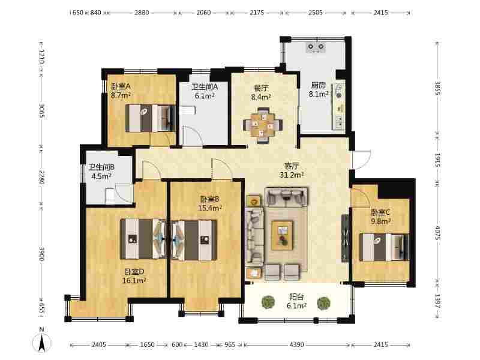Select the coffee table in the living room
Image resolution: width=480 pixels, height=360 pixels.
pyautogui.click(x=282, y=235)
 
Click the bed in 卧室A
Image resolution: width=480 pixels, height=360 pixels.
pyautogui.click(x=150, y=118)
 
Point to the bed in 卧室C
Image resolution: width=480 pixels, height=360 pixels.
pyautogui.click(x=384, y=247)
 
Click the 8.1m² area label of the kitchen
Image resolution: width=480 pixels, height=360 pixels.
pyautogui.click(x=319, y=94)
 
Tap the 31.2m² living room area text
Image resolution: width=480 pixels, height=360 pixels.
pyautogui.click(x=292, y=175)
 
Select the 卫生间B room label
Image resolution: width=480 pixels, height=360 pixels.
pyautogui.click(x=101, y=167)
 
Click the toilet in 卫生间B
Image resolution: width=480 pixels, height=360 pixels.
pyautogui.click(x=110, y=196)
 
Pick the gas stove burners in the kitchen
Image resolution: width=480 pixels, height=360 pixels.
pyautogui.click(x=316, y=47)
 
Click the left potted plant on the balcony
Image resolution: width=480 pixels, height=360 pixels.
pyautogui.click(x=268, y=302)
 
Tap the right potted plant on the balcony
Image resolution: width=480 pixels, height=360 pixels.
pyautogui.click(x=323, y=303)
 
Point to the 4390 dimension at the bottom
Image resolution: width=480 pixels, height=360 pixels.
pyautogui.click(x=296, y=344)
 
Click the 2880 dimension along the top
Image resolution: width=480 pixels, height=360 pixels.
pyautogui.click(x=142, y=13)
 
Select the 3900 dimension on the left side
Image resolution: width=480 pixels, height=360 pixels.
pyautogui.click(x=41, y=254)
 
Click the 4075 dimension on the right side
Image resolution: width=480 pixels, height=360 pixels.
pyautogui.click(x=437, y=233)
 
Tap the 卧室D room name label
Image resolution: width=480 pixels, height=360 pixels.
pyautogui.click(x=134, y=272)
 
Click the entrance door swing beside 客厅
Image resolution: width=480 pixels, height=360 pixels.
pyautogui.click(x=361, y=159)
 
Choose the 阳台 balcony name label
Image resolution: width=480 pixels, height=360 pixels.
pyautogui.click(x=296, y=296)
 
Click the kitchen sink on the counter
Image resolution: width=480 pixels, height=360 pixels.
pyautogui.click(x=339, y=91)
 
